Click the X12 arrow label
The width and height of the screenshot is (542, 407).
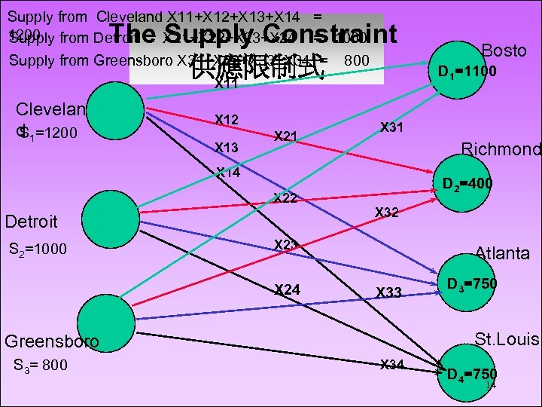click(227, 119)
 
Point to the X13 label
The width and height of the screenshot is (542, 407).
click(227, 147)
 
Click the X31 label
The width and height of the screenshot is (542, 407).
click(392, 127)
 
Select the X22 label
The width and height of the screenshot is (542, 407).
click(285, 199)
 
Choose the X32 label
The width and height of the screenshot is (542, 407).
click(388, 213)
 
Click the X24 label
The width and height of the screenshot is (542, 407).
click(287, 289)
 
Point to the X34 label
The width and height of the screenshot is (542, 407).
click(392, 366)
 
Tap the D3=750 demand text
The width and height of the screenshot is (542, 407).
click(472, 285)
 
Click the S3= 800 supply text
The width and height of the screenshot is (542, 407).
click(41, 366)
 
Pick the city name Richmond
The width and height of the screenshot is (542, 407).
click(501, 149)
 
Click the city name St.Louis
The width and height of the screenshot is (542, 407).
click(506, 340)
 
